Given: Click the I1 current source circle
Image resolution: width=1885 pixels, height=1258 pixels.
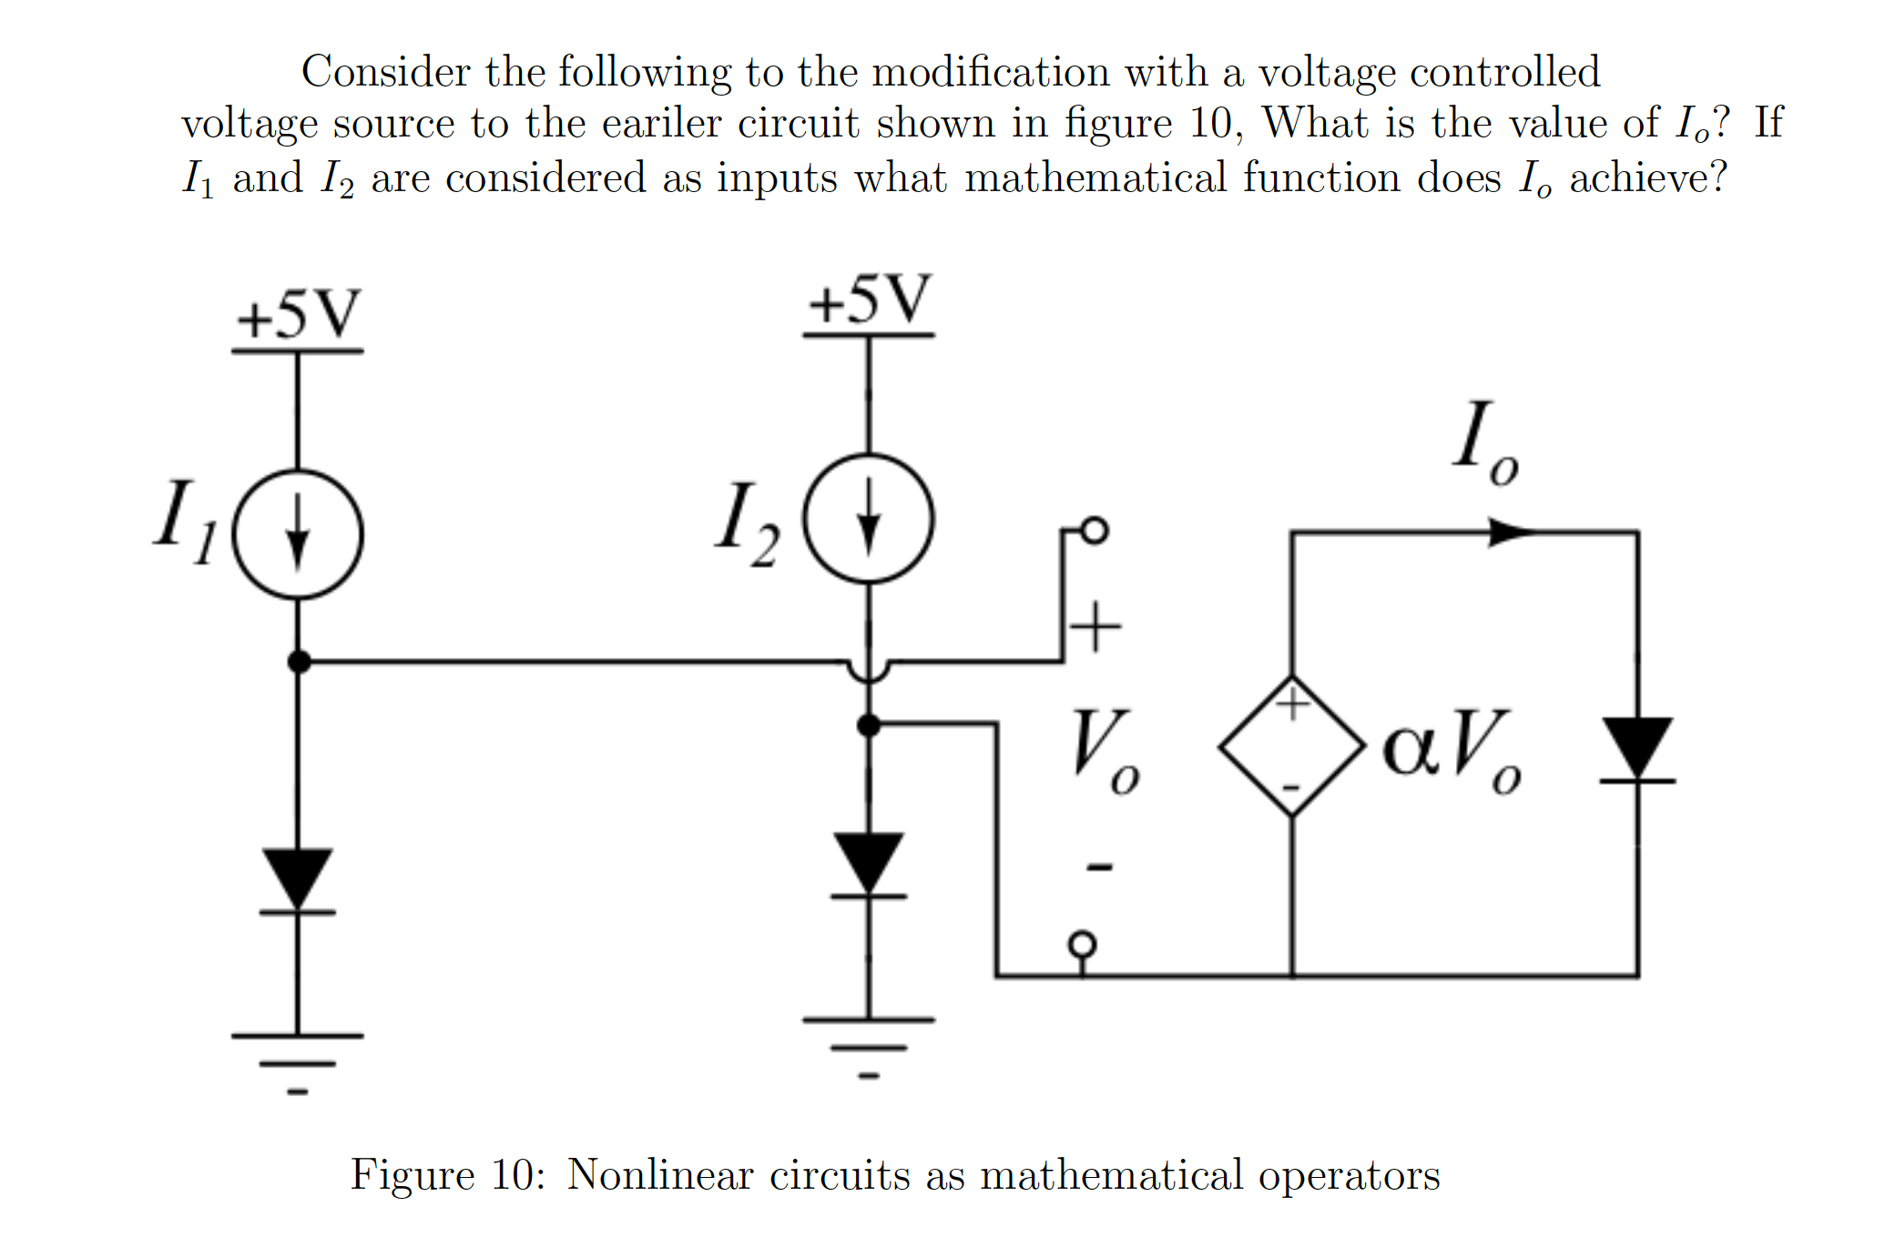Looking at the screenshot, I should tap(298, 534).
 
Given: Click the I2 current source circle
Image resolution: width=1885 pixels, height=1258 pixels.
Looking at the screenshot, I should tap(869, 519).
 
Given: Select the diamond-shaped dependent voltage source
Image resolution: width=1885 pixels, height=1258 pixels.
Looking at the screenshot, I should tap(1291, 746).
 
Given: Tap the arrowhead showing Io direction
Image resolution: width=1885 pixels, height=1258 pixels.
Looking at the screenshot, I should tap(1510, 532).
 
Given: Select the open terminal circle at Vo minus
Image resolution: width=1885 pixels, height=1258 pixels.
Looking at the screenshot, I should tap(1081, 944).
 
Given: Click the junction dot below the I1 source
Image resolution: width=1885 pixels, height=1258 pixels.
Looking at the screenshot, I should tap(299, 662).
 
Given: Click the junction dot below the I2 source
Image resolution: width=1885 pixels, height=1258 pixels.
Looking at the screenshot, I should tap(869, 725).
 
